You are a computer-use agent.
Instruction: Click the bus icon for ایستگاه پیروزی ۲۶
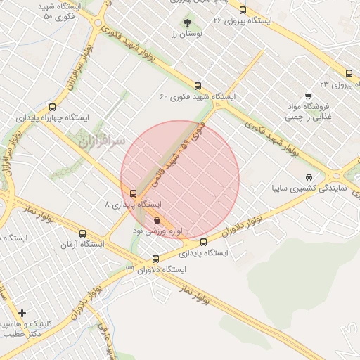click(243, 11)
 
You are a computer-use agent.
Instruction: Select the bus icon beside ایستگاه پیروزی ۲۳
click(349, 73)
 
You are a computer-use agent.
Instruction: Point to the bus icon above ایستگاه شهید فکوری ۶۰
click(198, 86)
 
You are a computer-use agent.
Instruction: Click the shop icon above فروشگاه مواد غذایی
click(307, 96)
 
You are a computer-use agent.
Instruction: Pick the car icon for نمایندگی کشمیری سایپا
click(309, 177)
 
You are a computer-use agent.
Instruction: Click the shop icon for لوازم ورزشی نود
click(157, 219)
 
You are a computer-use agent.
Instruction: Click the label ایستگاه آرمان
click(82, 245)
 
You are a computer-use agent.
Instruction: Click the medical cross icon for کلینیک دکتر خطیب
click(22, 313)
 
